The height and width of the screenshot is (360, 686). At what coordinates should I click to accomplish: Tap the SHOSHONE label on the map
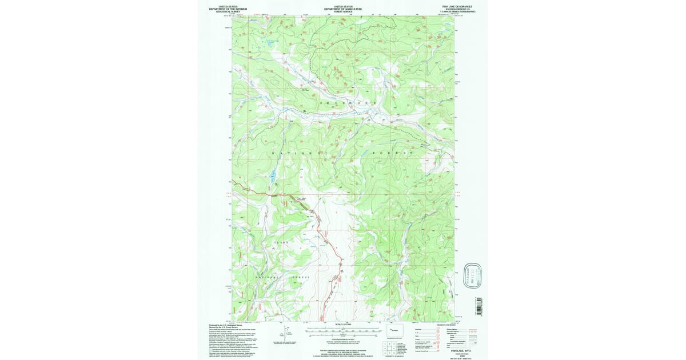pos(343,103)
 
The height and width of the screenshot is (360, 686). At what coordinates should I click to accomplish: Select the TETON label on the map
pos(283,243)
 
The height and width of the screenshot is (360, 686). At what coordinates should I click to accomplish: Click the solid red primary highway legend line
pos(472,330)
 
